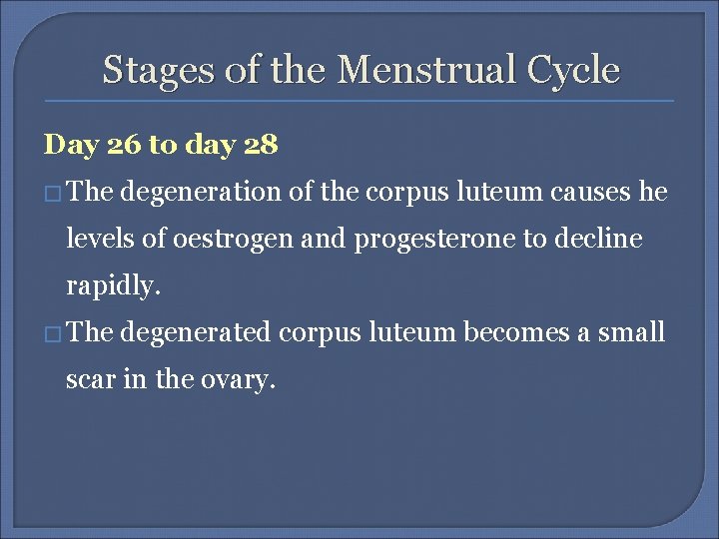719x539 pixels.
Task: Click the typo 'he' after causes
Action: tap(653, 194)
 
